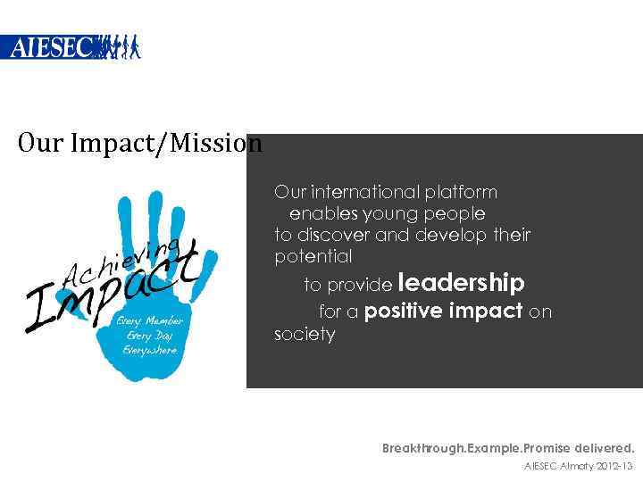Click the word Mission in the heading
218,144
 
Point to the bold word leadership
461,284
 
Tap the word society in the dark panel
304,335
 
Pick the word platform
462,192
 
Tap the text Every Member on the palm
151,320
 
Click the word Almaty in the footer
572,466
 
